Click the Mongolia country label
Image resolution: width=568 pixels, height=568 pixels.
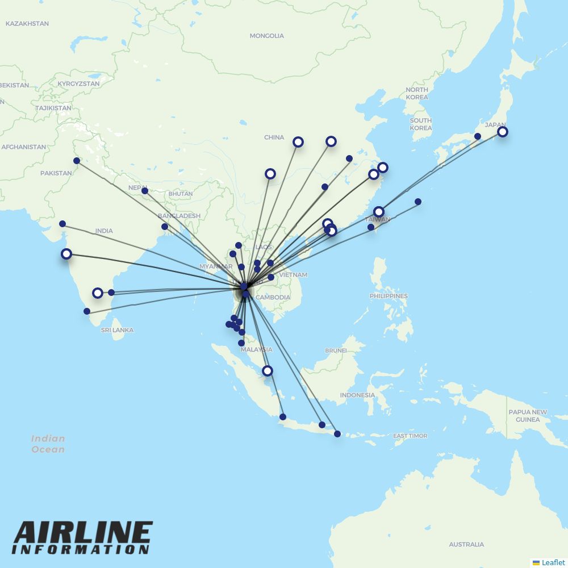pyautogui.click(x=266, y=36)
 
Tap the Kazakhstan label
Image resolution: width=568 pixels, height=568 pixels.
pyautogui.click(x=27, y=23)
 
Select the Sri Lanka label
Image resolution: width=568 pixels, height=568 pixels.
pyautogui.click(x=117, y=330)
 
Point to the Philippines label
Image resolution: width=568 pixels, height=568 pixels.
pyautogui.click(x=389, y=296)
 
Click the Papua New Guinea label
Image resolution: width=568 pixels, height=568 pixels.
pyautogui.click(x=528, y=416)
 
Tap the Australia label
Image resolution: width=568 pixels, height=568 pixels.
pyautogui.click(x=466, y=544)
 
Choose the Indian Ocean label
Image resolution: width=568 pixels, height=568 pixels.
pyautogui.click(x=48, y=444)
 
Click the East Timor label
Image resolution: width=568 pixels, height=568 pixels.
pyautogui.click(x=410, y=436)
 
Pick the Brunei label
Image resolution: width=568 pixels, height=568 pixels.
pyautogui.click(x=336, y=350)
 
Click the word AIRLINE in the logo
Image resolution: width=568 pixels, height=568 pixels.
pyautogui.click(x=83, y=533)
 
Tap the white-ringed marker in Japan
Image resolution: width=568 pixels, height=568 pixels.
pyautogui.click(x=503, y=132)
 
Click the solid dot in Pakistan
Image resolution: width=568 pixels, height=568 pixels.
pyautogui.click(x=77, y=161)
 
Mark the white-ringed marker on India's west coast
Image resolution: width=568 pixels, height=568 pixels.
pyautogui.click(x=66, y=254)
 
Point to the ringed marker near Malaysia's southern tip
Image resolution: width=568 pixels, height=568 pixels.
pyautogui.click(x=268, y=371)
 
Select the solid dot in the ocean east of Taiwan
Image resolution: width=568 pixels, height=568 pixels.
pyautogui.click(x=418, y=202)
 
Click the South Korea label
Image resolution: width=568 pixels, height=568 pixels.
pyautogui.click(x=420, y=124)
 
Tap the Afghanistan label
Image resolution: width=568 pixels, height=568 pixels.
pyautogui.click(x=23, y=147)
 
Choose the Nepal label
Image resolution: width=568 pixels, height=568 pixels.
pyautogui.click(x=137, y=187)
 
